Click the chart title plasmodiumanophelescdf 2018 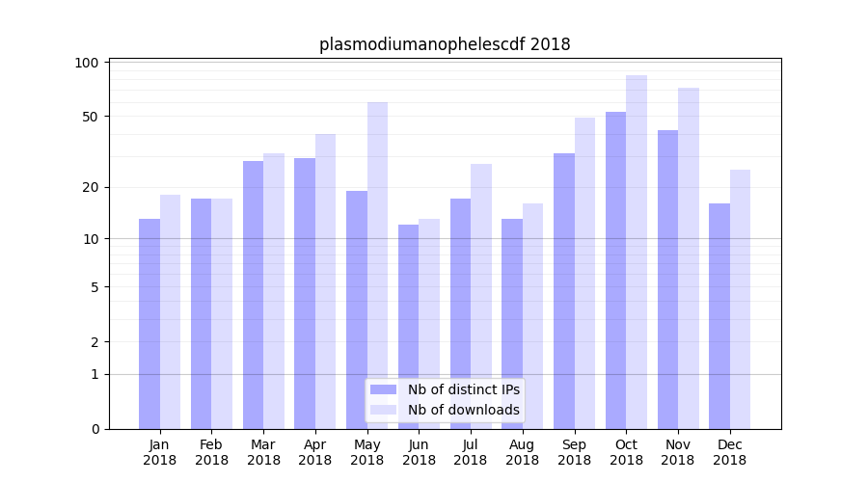pos(445,44)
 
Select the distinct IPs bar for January pos(149,324)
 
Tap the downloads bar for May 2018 pos(377,265)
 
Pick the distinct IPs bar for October pos(615,270)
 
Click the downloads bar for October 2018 pos(637,252)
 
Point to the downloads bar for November pos(689,258)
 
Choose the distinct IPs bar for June pos(408,327)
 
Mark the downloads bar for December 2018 pos(741,299)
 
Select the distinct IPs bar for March pos(253,295)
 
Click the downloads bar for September pos(585,273)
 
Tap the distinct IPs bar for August pos(512,324)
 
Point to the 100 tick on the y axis pos(88,63)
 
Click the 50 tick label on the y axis pos(91,117)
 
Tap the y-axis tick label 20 pos(91,187)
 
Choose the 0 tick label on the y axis pos(95,429)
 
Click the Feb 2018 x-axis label pos(212,452)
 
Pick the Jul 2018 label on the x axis pos(471,452)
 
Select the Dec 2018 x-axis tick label pos(729,452)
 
